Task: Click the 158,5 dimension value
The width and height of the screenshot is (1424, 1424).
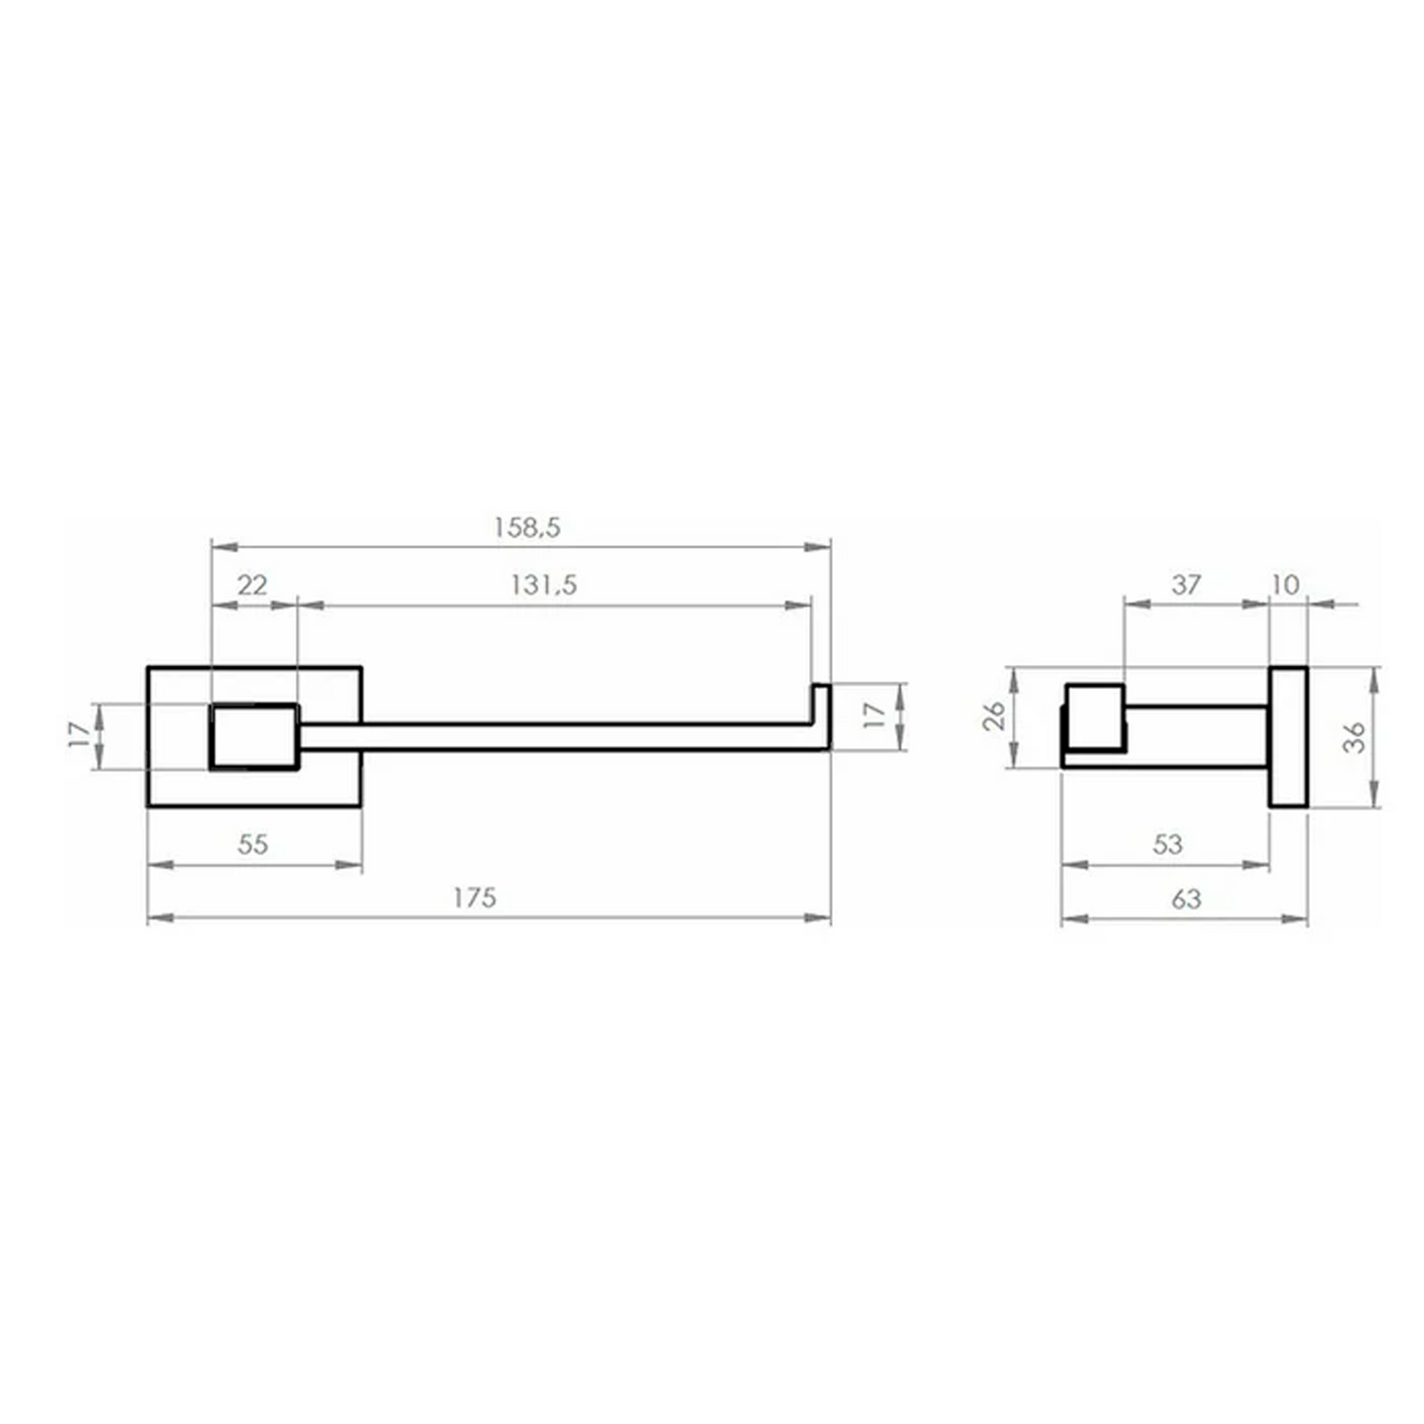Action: point(527,527)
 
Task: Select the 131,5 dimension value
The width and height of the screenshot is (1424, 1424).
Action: point(543,585)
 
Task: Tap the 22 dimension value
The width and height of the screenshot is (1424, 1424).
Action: point(252,585)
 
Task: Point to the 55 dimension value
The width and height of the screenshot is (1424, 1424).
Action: point(252,844)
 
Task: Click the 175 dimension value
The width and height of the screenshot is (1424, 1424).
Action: point(474,898)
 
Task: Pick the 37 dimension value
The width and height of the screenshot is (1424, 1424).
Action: point(1187,585)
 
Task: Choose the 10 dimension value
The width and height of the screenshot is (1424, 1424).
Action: point(1286,585)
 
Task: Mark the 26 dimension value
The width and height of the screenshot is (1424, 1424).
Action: point(994,715)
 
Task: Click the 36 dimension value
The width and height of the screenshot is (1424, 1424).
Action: point(1354,737)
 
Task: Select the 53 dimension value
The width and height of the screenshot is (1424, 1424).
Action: point(1168,844)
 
